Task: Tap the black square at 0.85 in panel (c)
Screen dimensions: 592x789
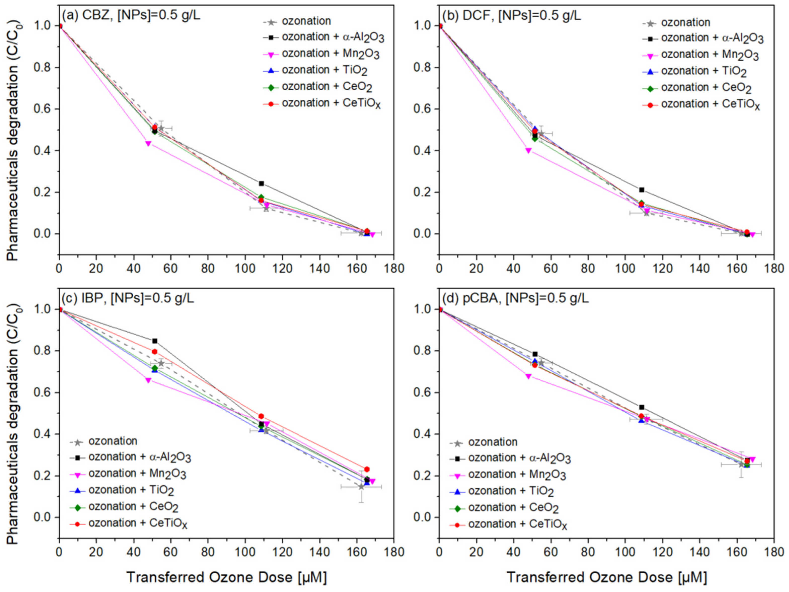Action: (x=155, y=341)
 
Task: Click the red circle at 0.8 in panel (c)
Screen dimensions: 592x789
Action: (x=155, y=352)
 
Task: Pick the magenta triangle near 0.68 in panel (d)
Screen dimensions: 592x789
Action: (x=529, y=377)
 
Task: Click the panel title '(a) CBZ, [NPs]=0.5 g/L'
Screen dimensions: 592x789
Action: (x=131, y=15)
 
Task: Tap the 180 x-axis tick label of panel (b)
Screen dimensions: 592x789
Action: (x=773, y=268)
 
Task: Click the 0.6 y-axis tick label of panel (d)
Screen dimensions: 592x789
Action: (x=422, y=393)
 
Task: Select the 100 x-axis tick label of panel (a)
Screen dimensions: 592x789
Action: (x=245, y=268)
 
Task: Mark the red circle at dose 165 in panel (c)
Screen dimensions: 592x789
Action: (x=367, y=469)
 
